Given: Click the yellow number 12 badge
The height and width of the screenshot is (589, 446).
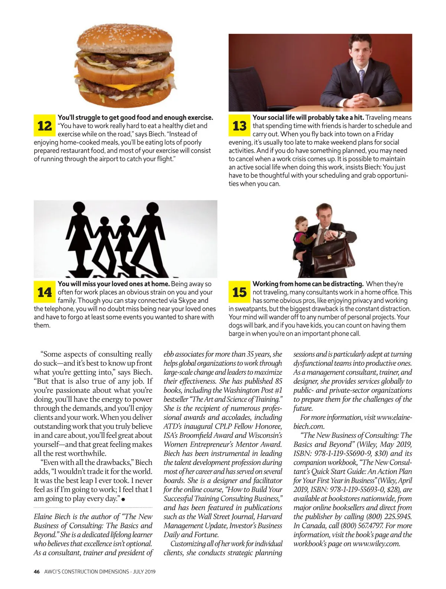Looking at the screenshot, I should (x=45, y=125).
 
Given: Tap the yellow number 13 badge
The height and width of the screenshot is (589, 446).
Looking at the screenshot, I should (x=239, y=125).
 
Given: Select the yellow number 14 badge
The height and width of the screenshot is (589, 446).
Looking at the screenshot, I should (x=45, y=292).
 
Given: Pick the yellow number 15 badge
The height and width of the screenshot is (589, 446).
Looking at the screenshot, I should (x=239, y=292).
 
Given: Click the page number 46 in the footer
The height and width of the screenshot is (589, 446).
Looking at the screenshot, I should (x=37, y=572).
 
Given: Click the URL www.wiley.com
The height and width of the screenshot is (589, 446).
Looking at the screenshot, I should (x=376, y=544).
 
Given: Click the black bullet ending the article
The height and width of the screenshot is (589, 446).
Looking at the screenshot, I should (x=123, y=499).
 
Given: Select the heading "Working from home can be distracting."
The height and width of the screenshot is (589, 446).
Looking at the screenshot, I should (x=308, y=284).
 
